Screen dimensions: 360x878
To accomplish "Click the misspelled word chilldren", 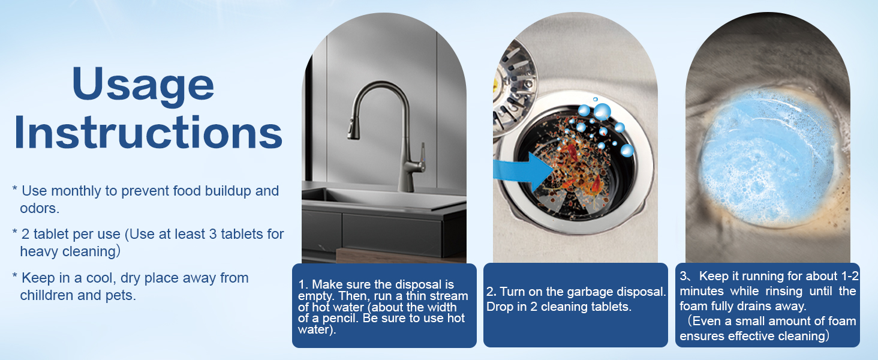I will point(51,295).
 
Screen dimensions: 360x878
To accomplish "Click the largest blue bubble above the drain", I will point(602,112).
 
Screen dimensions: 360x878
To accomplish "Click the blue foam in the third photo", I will point(767,150).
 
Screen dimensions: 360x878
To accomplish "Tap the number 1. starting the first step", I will point(302,284).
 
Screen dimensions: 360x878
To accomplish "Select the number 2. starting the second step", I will point(491,292).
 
